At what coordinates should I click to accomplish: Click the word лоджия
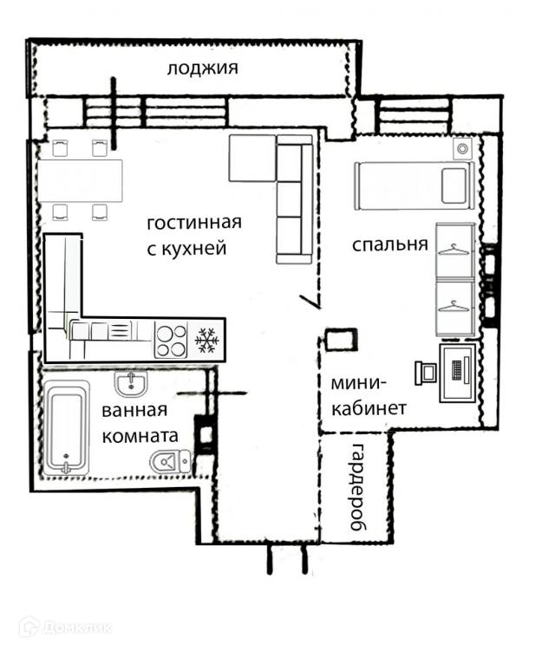(202, 68)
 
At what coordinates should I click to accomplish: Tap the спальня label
(390, 244)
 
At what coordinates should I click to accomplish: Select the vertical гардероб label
(357, 487)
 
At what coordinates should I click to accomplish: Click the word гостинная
(194, 223)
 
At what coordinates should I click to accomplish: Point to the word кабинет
(369, 409)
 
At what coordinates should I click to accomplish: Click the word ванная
(134, 411)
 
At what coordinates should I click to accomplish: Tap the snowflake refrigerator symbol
(206, 341)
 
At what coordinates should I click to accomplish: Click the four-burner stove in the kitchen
(171, 340)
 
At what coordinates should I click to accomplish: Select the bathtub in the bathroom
(67, 427)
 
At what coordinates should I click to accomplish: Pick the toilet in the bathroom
(171, 460)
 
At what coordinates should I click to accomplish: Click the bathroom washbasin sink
(131, 384)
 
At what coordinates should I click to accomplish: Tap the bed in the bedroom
(415, 185)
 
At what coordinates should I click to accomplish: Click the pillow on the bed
(454, 185)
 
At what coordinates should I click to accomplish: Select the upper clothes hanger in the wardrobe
(454, 250)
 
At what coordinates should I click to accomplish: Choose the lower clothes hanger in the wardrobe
(454, 306)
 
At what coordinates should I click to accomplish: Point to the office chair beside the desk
(426, 373)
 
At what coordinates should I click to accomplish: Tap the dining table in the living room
(81, 181)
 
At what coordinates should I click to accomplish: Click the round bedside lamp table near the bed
(462, 148)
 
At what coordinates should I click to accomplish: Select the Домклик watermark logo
(65, 627)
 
